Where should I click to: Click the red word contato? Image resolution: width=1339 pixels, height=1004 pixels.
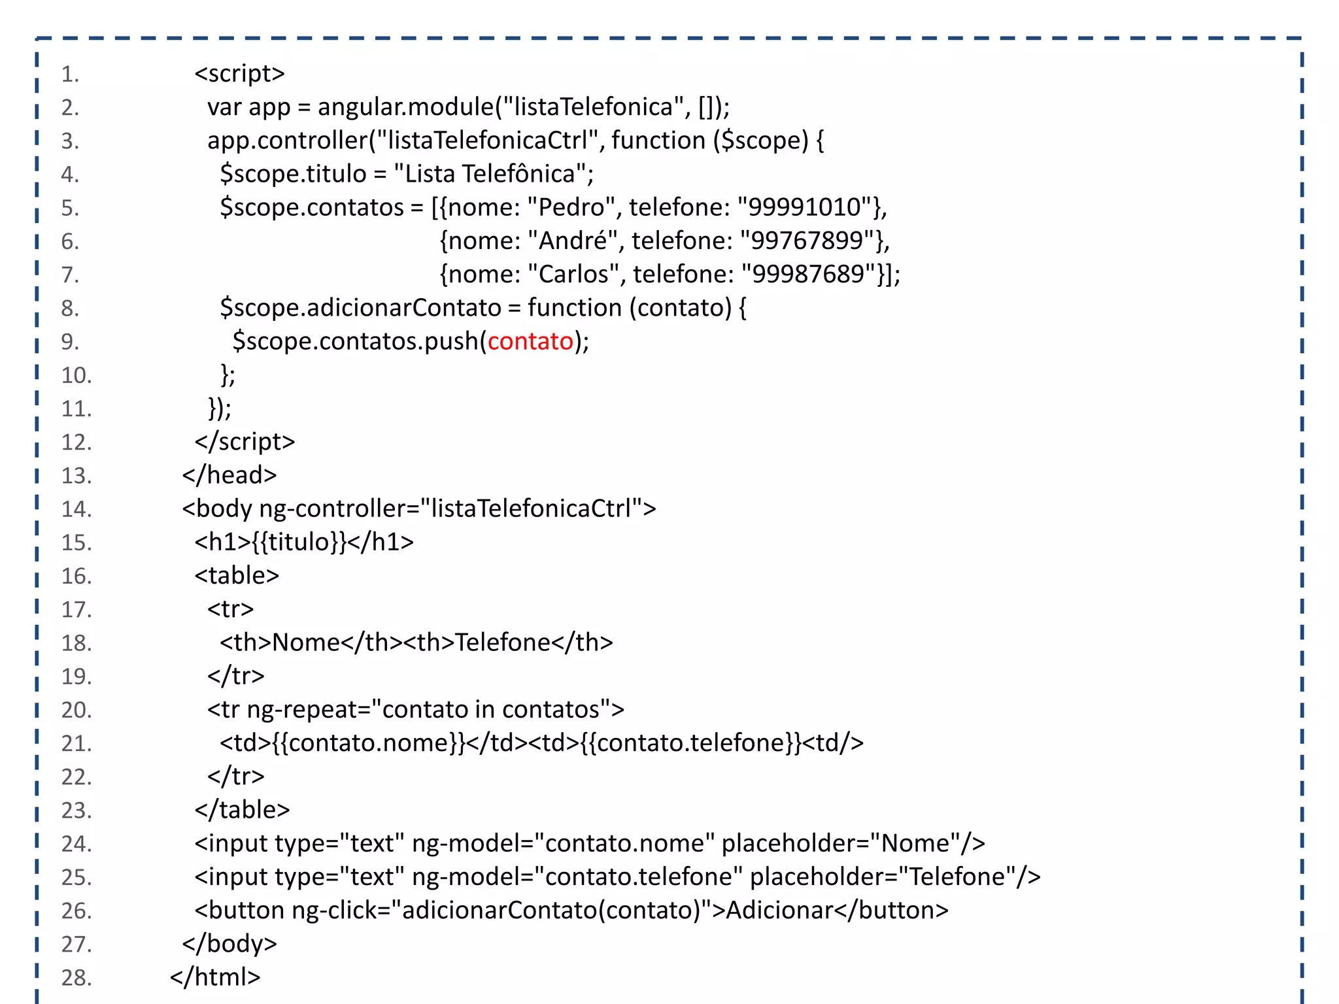(x=530, y=341)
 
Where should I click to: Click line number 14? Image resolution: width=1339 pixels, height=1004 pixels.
(x=76, y=509)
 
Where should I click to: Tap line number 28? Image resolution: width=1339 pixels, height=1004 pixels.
(x=76, y=977)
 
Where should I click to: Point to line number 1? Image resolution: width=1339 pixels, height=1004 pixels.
(x=70, y=74)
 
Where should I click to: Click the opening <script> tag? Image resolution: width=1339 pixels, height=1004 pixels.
(x=239, y=73)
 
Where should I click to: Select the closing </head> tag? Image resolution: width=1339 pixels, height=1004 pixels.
(x=229, y=475)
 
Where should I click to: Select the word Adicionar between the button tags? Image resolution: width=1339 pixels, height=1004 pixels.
(x=779, y=910)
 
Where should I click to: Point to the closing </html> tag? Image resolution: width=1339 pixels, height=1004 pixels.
(x=215, y=977)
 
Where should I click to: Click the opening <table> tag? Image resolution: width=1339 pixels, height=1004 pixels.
(x=237, y=575)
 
